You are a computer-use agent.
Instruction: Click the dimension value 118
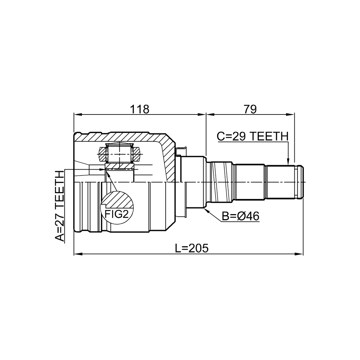pos(139,109)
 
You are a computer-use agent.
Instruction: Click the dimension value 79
pos(250,109)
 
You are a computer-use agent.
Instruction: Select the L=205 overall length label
pos(192,248)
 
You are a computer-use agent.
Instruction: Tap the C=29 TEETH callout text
pos(253,137)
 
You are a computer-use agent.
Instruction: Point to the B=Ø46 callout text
pos(240,216)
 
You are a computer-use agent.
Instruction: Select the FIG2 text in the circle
pos(116,214)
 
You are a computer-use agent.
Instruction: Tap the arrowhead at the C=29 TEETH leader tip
pos(288,162)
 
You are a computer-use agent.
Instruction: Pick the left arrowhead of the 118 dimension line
pos(78,114)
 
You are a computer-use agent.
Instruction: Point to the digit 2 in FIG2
pos(125,214)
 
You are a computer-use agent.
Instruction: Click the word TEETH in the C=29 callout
pos(269,137)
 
